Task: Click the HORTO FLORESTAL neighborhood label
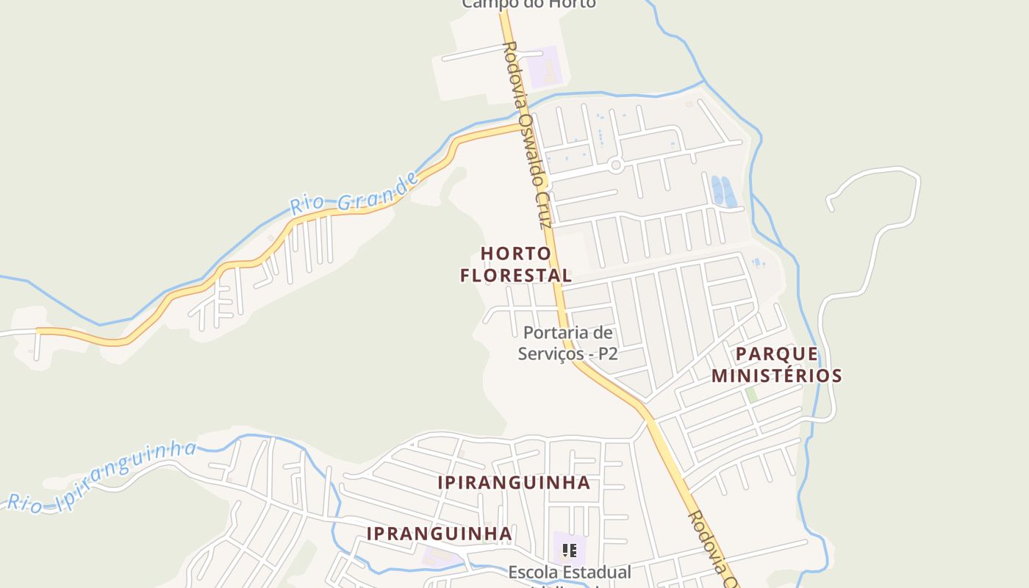[x=516, y=265]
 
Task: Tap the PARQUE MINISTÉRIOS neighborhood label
[x=776, y=365]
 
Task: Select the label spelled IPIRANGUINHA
[x=514, y=483]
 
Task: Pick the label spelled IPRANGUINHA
[x=439, y=534]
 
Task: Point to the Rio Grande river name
[x=355, y=193]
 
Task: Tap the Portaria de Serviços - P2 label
[x=567, y=343]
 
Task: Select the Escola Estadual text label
[x=570, y=572]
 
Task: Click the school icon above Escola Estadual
[x=569, y=550]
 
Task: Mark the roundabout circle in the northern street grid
[x=616, y=166]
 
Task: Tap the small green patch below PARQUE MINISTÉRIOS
[x=750, y=395]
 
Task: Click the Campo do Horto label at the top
[x=528, y=4]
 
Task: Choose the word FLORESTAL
[x=516, y=276]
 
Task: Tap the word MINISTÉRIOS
[x=776, y=376]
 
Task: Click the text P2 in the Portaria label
[x=607, y=354]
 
